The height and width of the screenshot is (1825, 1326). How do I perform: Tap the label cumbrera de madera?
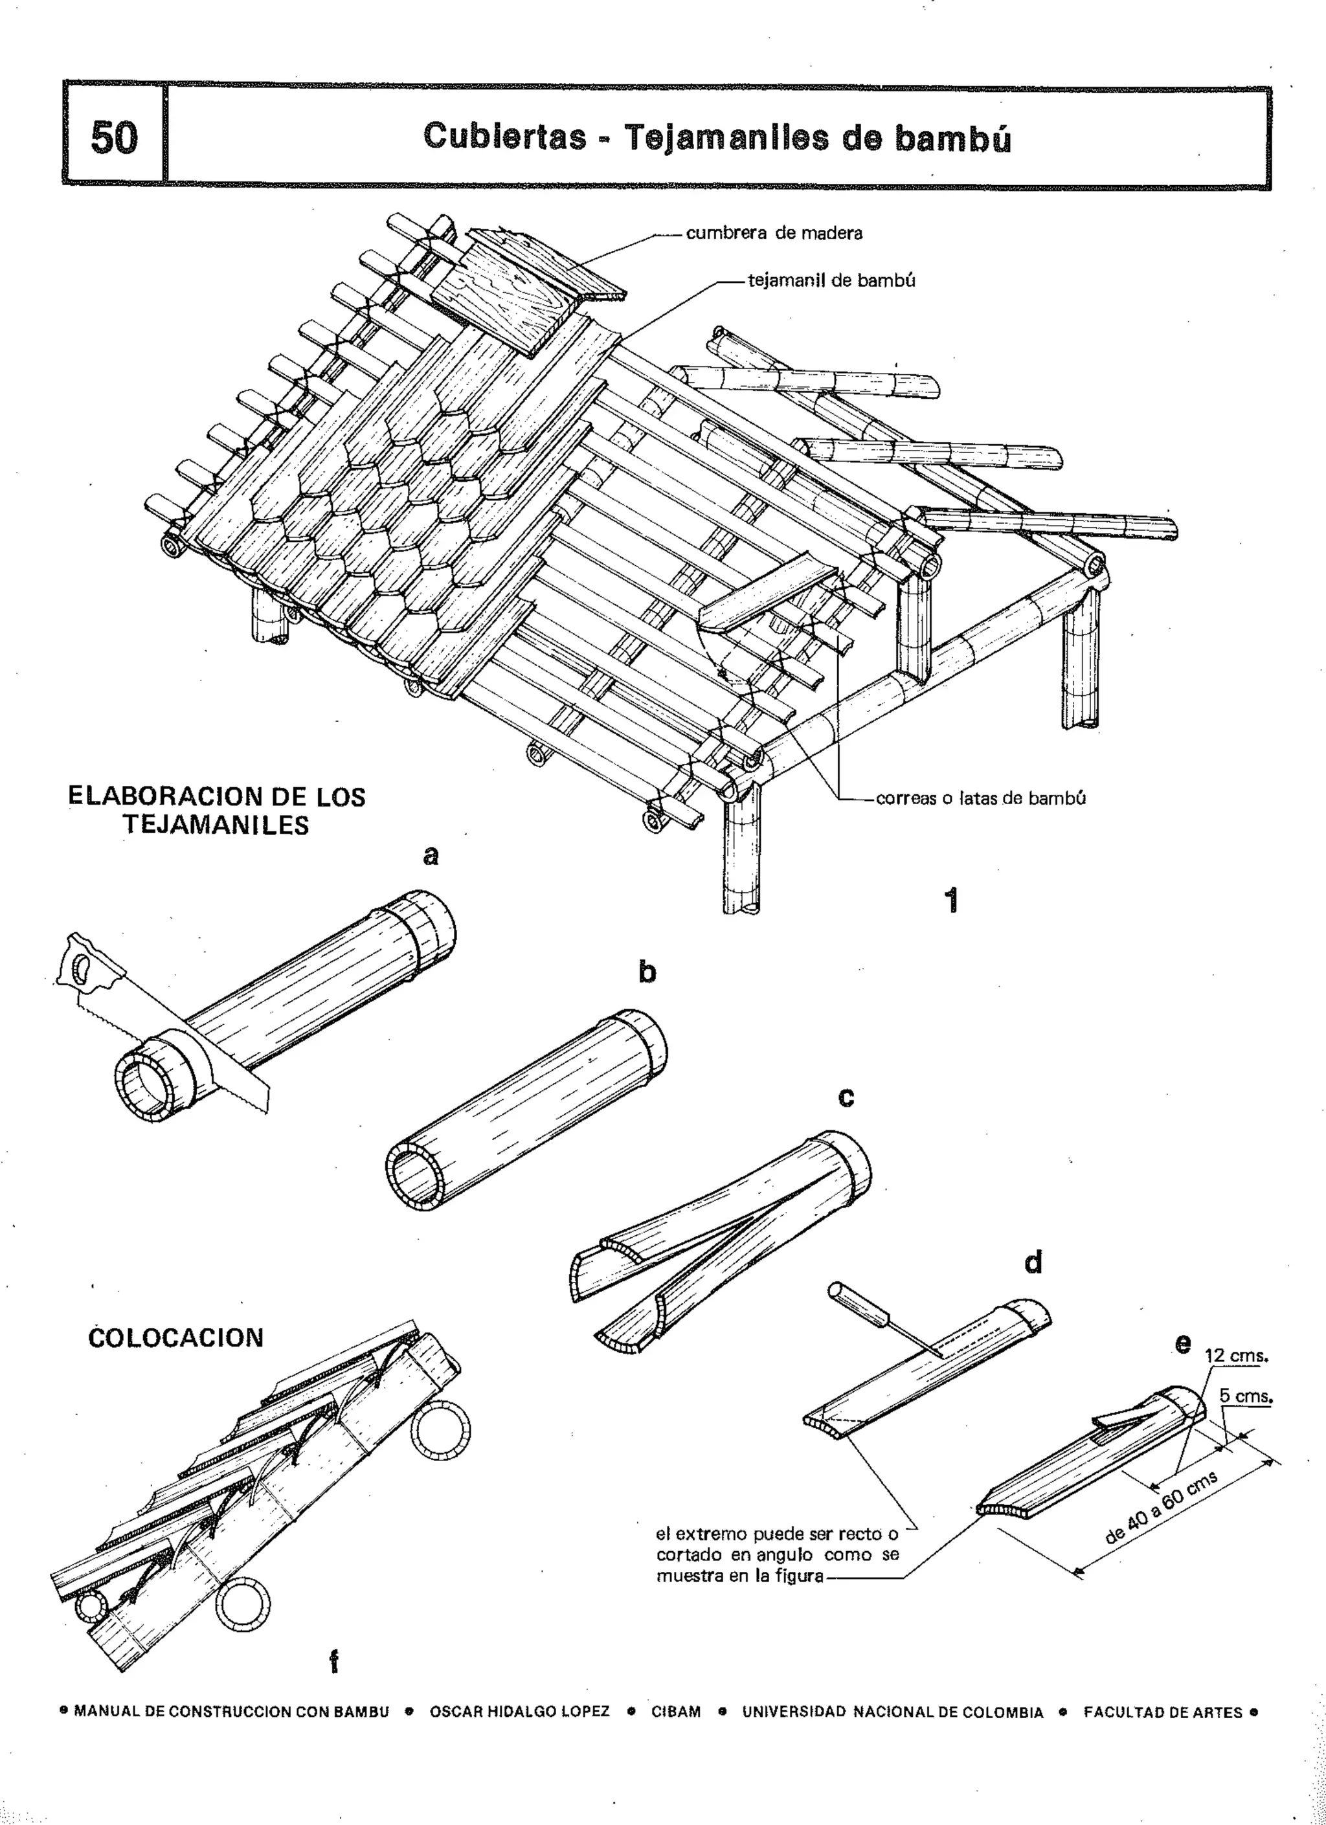pos(773,233)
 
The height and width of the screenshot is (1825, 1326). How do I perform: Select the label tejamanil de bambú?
pos(831,281)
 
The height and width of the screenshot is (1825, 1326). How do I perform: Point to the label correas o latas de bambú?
pos(980,798)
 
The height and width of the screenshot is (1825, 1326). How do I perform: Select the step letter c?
pos(846,1097)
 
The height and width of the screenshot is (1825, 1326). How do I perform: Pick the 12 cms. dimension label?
pos(1236,1356)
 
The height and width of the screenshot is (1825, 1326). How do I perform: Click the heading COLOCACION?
pos(175,1338)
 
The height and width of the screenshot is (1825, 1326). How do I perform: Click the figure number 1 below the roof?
pos(951,901)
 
